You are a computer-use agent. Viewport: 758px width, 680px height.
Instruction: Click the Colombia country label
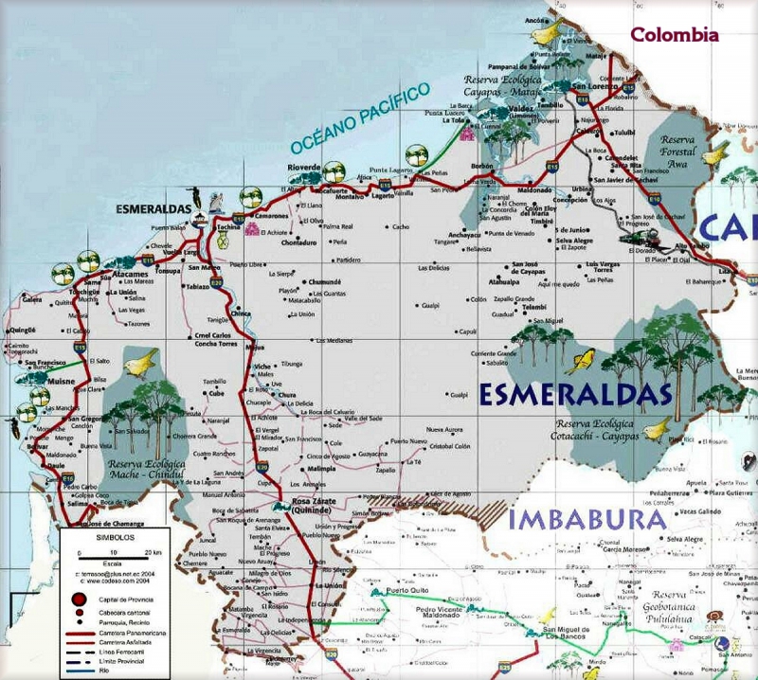[x=675, y=35]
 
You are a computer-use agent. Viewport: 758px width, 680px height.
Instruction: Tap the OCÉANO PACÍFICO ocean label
[x=359, y=119]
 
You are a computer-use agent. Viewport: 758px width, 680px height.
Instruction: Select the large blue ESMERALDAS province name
[x=575, y=394]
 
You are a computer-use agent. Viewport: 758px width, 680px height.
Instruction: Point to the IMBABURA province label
[x=587, y=519]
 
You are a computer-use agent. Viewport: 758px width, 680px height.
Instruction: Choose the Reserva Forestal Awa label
[x=678, y=151]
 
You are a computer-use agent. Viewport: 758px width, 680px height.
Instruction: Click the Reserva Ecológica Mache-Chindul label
[x=144, y=470]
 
